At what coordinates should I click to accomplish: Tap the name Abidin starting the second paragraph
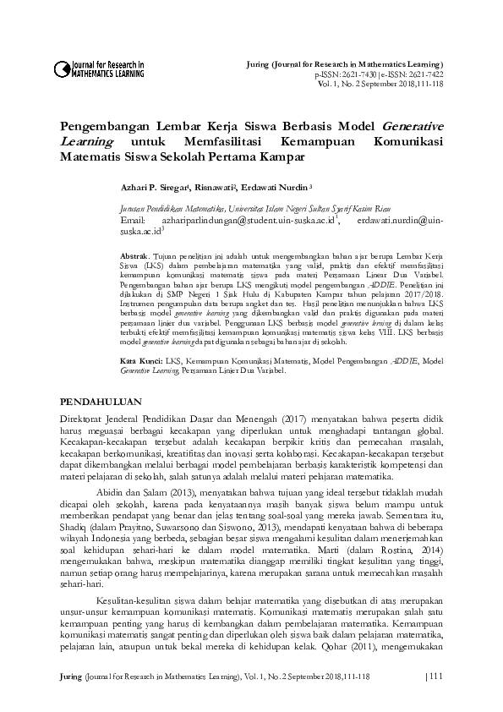pyautogui.click(x=112, y=490)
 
